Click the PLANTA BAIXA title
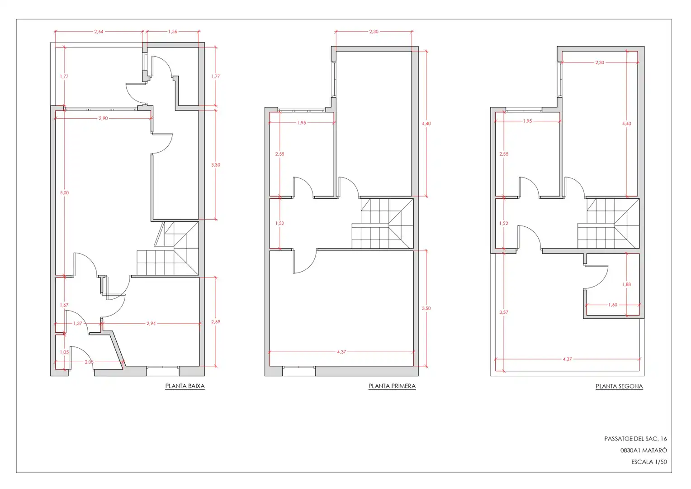[x=185, y=386]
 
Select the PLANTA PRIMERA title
[x=392, y=386]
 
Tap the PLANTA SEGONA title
[x=619, y=386]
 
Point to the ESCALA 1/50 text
[x=649, y=462]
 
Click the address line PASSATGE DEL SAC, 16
[x=635, y=439]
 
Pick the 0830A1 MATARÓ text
[x=644, y=451]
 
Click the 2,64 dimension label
[x=99, y=32]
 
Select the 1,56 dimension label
[x=173, y=32]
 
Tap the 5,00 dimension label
[x=65, y=193]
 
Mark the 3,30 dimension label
[x=216, y=165]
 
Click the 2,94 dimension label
[x=151, y=323]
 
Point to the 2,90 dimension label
[x=104, y=118]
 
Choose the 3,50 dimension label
[x=426, y=308]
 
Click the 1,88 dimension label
[x=626, y=284]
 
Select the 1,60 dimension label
[x=613, y=305]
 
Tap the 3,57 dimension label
[x=504, y=312]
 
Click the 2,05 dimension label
[x=89, y=362]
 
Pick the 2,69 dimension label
[x=216, y=322]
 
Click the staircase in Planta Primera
[x=383, y=223]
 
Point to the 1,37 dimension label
[x=78, y=323]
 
